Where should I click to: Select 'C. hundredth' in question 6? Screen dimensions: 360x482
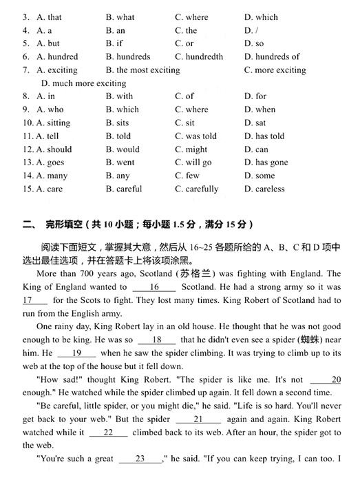click(x=199, y=56)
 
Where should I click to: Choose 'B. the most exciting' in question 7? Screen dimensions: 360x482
click(x=142, y=70)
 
